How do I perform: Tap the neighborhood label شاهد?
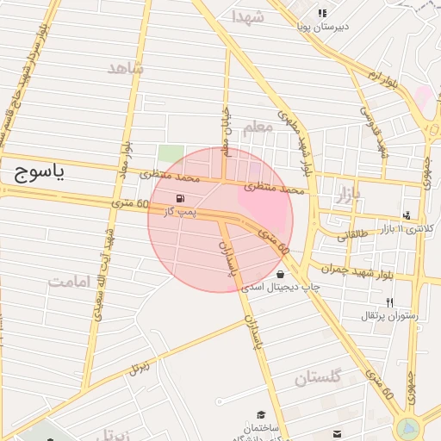[x=126, y=68]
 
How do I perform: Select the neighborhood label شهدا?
[x=248, y=16]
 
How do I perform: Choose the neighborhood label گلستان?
[x=318, y=376]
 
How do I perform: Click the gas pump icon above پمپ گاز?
[x=180, y=198]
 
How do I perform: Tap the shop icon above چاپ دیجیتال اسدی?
[x=280, y=273]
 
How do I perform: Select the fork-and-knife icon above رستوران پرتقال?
[x=390, y=302]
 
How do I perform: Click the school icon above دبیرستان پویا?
[x=322, y=13]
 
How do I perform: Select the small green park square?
[x=170, y=156]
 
